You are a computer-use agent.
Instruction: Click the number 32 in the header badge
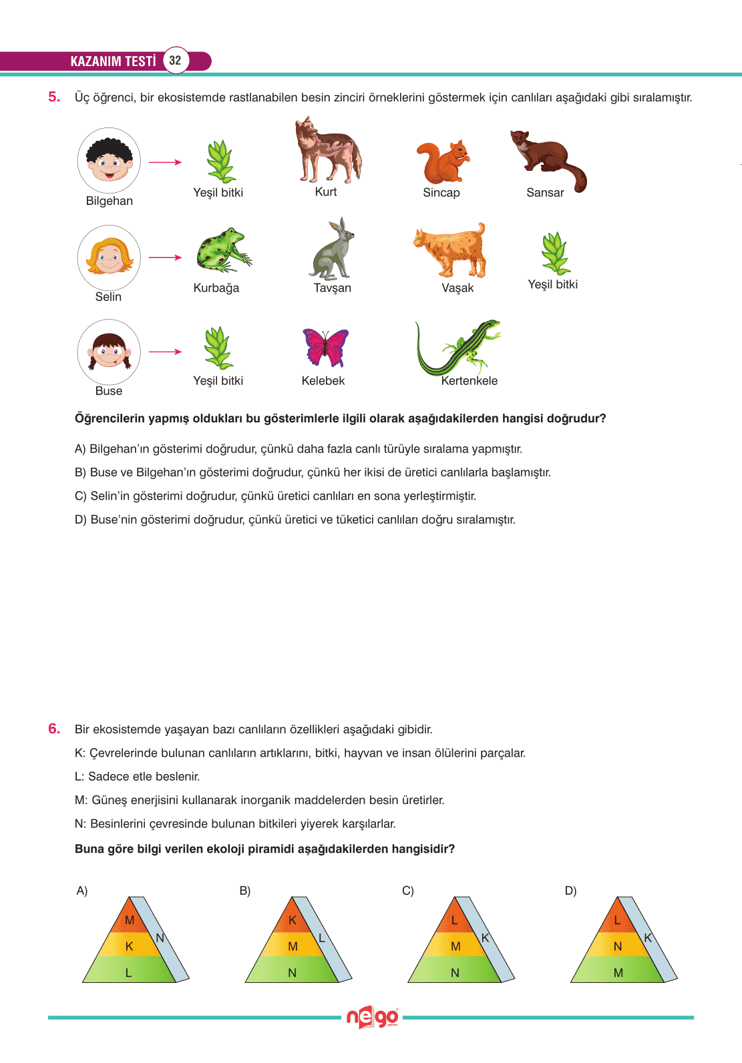175,60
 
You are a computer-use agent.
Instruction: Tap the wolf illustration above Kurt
328,151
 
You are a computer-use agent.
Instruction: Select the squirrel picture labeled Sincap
442,161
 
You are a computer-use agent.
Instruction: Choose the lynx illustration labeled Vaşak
451,250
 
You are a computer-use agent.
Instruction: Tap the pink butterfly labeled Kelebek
325,347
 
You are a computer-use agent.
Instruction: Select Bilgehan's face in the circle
109,161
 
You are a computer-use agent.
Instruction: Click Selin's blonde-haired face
109,257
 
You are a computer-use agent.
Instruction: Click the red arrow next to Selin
165,258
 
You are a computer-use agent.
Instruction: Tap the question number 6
54,729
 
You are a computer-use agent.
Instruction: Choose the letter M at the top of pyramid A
130,920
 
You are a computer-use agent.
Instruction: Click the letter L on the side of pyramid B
322,938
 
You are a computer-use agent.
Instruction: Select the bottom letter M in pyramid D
618,973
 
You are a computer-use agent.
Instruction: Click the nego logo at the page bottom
372,1018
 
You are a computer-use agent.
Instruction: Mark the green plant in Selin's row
554,254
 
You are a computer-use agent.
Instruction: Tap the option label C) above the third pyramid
408,891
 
